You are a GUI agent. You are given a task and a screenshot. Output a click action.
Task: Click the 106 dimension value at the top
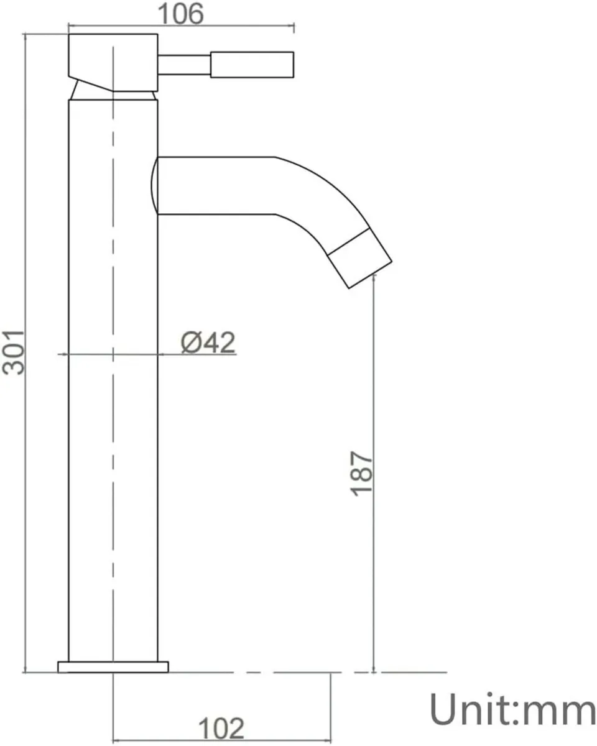[x=180, y=14]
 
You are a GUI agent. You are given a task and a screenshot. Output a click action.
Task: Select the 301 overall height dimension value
[x=14, y=351]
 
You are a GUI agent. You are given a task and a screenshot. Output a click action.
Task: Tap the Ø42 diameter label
[x=208, y=342]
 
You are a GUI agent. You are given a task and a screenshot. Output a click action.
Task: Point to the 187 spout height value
[x=361, y=473]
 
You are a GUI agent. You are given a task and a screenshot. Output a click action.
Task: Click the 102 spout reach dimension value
[x=221, y=728]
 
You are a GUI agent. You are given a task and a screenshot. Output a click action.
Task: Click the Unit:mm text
[x=512, y=709]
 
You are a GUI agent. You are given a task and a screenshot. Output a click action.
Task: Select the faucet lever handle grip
[x=252, y=65]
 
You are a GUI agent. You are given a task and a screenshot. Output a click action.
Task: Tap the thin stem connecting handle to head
[x=185, y=65]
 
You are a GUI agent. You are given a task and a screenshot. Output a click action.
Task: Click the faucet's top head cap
[x=112, y=59]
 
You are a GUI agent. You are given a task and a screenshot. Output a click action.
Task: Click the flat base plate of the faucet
[x=113, y=666]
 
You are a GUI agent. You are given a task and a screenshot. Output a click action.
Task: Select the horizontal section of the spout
[x=215, y=185]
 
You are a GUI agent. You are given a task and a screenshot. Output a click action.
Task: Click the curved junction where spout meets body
[x=154, y=185]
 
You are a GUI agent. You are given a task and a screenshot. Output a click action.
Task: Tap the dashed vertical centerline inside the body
[x=113, y=435]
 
